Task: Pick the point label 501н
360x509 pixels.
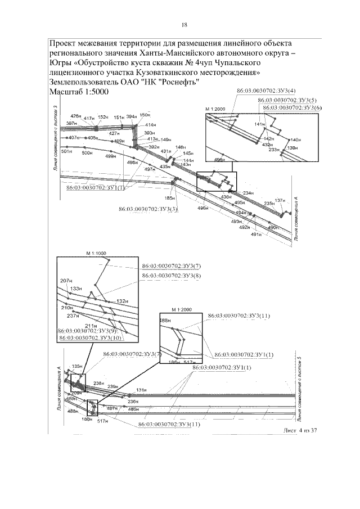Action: pyautogui.click(x=67, y=152)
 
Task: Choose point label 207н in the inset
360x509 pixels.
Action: pyautogui.click(x=66, y=280)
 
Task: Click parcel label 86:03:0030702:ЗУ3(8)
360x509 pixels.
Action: pyautogui.click(x=171, y=275)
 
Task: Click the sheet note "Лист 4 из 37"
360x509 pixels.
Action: pyautogui.click(x=301, y=431)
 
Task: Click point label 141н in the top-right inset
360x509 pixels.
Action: pyautogui.click(x=259, y=124)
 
